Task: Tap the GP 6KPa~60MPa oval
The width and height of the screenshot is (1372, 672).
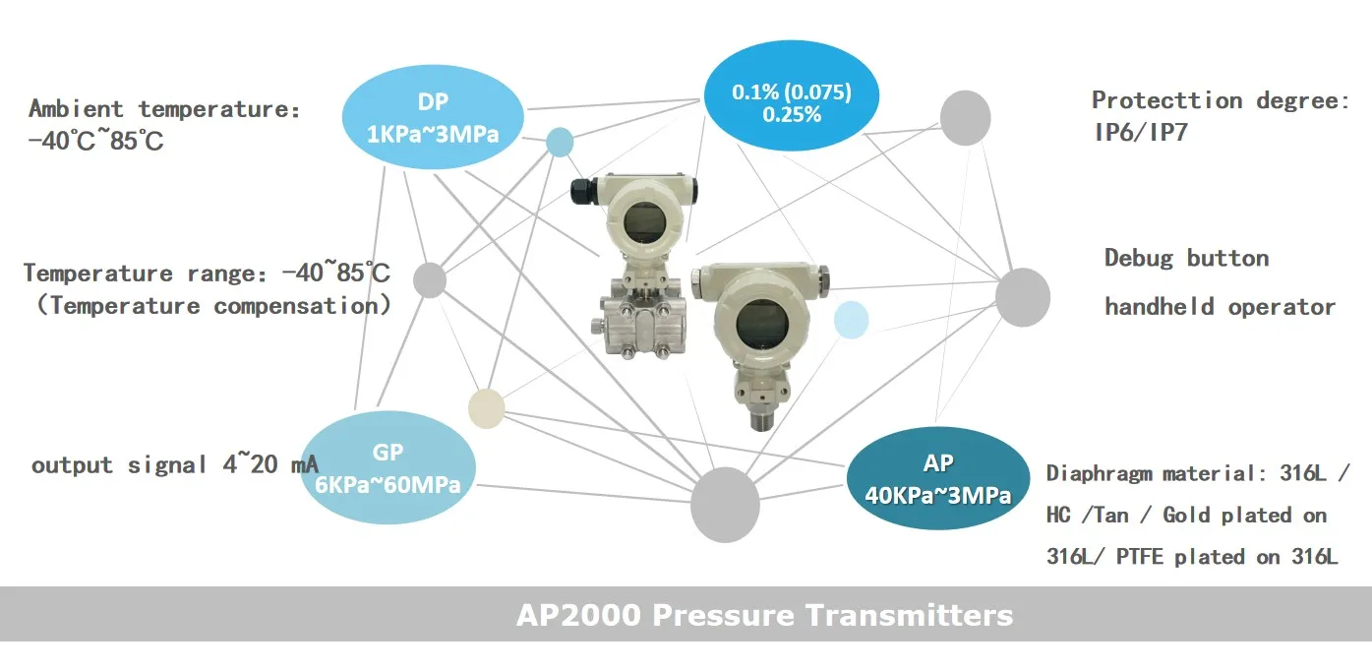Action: point(388,467)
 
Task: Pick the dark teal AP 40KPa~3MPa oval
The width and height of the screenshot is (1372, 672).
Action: point(937,479)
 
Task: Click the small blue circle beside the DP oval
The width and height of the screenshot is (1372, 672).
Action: point(560,142)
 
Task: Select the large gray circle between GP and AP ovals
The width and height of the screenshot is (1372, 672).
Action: point(725,505)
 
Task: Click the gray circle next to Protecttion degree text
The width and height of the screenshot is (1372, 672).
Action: point(965,117)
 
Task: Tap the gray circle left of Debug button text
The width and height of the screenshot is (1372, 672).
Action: point(1023,296)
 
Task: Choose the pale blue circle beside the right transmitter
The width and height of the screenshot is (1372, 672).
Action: point(851,321)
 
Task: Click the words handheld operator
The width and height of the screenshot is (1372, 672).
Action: point(1220,307)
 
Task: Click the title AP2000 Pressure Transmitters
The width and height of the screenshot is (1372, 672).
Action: point(764,615)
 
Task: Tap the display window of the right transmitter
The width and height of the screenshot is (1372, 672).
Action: point(758,321)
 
